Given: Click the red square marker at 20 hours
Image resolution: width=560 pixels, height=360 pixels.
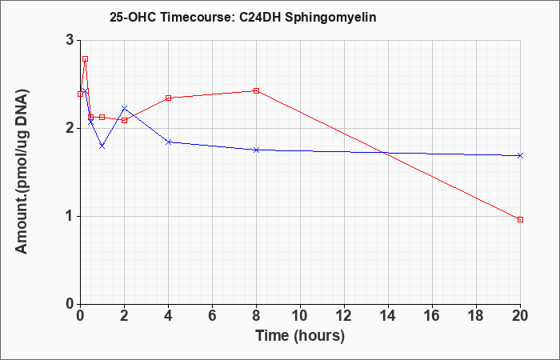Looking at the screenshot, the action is (520, 219).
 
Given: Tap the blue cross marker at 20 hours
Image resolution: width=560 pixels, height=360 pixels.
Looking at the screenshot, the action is (520, 155).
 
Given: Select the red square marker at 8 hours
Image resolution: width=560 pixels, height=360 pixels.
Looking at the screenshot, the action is (256, 90).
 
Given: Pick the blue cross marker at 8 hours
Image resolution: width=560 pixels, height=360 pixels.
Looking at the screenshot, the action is (256, 150).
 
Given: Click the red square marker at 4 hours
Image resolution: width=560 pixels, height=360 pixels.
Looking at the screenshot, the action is (169, 98).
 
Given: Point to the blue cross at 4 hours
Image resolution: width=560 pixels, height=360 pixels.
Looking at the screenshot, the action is (169, 142).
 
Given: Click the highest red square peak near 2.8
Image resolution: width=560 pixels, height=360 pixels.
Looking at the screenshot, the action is (85, 59).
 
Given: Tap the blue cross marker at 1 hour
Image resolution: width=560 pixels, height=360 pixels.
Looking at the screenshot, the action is (102, 146).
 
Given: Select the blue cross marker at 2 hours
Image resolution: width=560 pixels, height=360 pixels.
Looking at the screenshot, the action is (124, 108).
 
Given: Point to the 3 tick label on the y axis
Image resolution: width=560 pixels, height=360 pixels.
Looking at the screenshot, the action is (70, 40).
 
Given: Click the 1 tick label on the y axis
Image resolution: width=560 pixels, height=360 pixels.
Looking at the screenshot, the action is (70, 217).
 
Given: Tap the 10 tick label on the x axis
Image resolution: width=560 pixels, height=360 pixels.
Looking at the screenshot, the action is (300, 316).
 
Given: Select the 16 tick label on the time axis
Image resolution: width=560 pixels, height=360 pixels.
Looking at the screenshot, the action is (432, 316).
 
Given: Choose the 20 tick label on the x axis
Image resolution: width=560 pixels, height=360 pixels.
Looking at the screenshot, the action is (520, 316).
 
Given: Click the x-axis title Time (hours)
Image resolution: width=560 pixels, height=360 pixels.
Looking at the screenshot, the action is (300, 336).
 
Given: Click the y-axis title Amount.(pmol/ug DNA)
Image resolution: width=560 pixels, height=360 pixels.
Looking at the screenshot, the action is (22, 171).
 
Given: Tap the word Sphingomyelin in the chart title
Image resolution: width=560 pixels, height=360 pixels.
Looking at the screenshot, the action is (330, 17).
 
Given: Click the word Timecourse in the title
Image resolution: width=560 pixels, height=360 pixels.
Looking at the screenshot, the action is (196, 17).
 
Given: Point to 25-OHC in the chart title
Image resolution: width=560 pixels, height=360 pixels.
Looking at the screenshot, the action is (133, 17).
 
